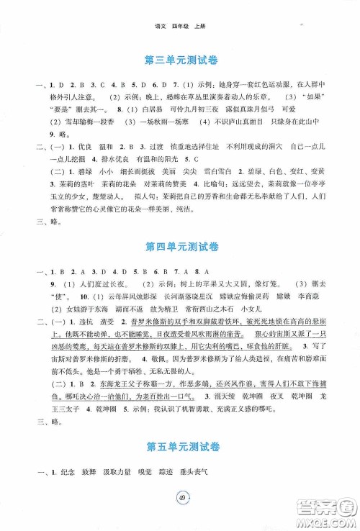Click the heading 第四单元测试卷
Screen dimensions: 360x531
179,248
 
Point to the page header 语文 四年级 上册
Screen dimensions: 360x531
179,9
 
